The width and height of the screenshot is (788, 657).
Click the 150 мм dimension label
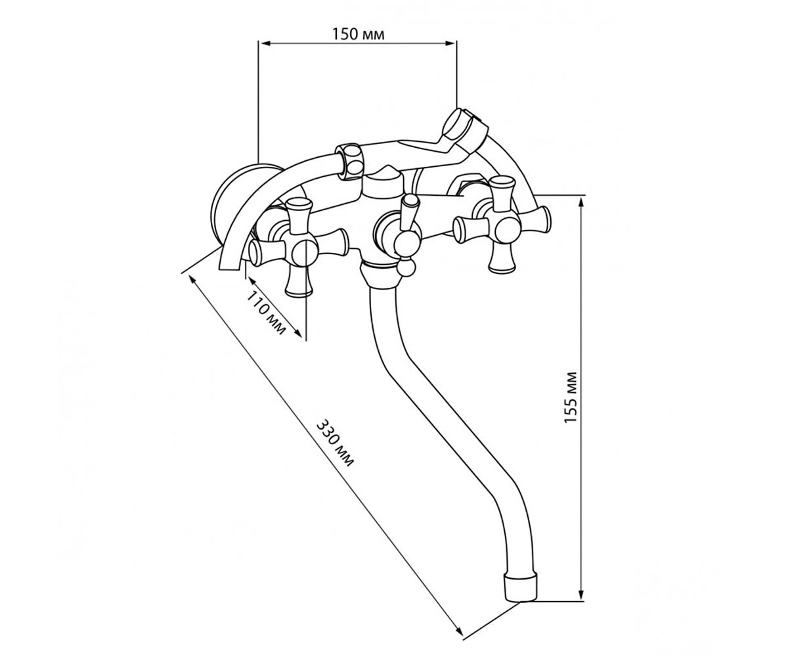coord(358,34)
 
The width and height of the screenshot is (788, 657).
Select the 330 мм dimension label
coord(335,443)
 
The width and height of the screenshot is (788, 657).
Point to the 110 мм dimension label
coord(266,313)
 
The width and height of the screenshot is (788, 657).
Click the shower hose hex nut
coord(351,160)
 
